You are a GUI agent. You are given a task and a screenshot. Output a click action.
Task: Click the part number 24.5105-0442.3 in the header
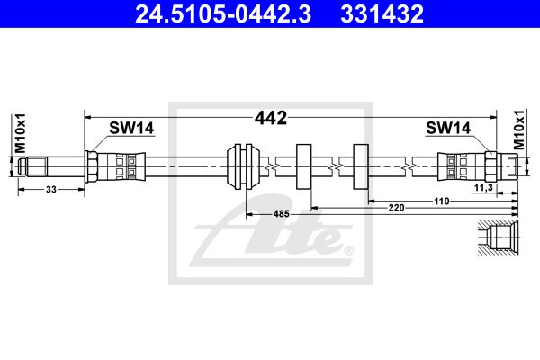point(223,13)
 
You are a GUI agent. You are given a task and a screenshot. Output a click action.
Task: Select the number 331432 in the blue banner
point(382,13)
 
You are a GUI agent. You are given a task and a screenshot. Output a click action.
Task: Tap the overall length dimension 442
point(271,118)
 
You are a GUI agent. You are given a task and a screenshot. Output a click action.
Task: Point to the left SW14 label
point(131,128)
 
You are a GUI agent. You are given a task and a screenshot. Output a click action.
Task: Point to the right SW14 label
point(448,128)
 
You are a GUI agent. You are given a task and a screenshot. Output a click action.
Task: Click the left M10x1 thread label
point(20,133)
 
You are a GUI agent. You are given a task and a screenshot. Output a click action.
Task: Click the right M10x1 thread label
point(519,130)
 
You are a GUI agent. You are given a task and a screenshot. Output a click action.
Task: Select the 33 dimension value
point(51,190)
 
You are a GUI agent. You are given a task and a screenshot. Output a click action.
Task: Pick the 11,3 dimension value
point(483,188)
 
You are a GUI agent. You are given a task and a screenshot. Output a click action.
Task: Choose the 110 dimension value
point(442,202)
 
